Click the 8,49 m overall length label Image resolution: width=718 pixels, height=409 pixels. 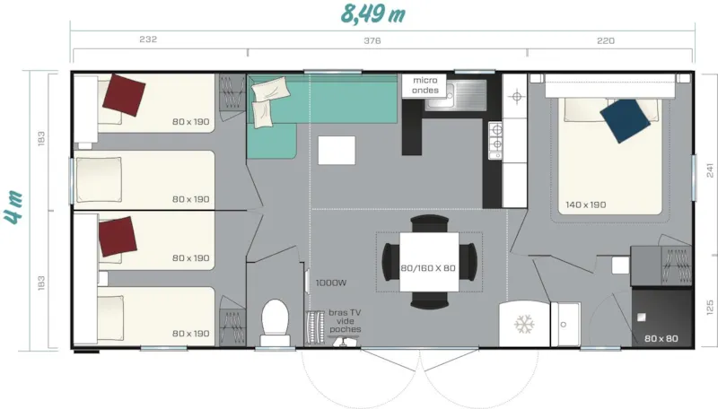coord(372,13)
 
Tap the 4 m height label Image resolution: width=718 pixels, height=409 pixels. coord(15,206)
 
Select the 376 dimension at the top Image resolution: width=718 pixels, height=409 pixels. coord(372,40)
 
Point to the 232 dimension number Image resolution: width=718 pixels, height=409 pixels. coord(149,40)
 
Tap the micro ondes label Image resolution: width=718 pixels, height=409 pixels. coord(425,85)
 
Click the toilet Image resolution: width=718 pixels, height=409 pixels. coord(273,319)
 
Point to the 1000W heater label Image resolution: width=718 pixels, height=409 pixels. coord(331,283)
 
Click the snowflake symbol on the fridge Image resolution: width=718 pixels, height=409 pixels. coord(522,324)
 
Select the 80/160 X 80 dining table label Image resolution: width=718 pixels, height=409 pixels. coord(428,268)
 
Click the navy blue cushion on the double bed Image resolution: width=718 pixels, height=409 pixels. coord(626,118)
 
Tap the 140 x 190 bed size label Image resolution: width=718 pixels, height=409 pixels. coord(585,204)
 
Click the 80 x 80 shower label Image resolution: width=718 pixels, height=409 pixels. coord(661,338)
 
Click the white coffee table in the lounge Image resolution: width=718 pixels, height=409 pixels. coord(336,150)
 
